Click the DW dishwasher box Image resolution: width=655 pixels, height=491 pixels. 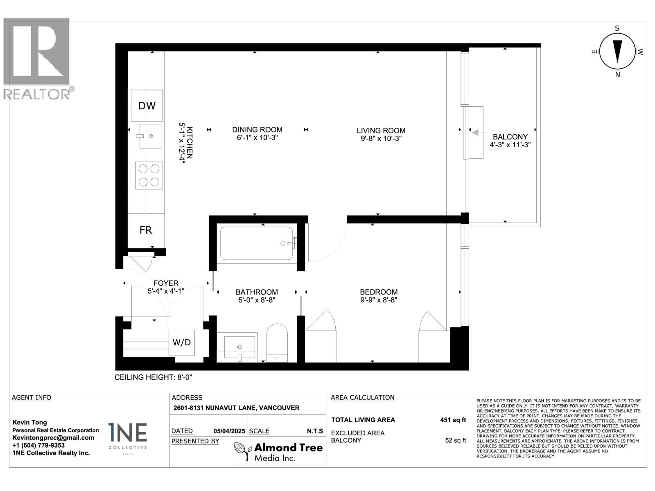click(147, 106)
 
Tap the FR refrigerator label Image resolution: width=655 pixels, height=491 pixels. click(146, 230)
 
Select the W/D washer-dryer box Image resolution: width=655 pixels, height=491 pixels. click(182, 342)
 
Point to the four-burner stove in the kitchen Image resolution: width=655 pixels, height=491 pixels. click(149, 175)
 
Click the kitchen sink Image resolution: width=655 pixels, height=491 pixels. click(150, 136)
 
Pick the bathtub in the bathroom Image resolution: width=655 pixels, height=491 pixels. click(257, 243)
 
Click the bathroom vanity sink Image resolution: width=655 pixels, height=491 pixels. click(240, 347)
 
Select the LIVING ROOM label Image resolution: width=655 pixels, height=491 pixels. click(381, 131)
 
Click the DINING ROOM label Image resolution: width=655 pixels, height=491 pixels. click(257, 130)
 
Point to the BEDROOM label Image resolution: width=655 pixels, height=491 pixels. click(379, 292)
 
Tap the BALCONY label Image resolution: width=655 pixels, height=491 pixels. click(510, 137)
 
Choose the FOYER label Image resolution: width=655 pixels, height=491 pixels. click(166, 283)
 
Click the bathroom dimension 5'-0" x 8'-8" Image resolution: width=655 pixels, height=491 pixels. click(257, 300)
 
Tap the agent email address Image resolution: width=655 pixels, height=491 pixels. click(53, 438)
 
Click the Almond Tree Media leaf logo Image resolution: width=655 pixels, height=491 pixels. click(242, 451)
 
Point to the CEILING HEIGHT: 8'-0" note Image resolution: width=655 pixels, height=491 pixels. click(154, 377)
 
